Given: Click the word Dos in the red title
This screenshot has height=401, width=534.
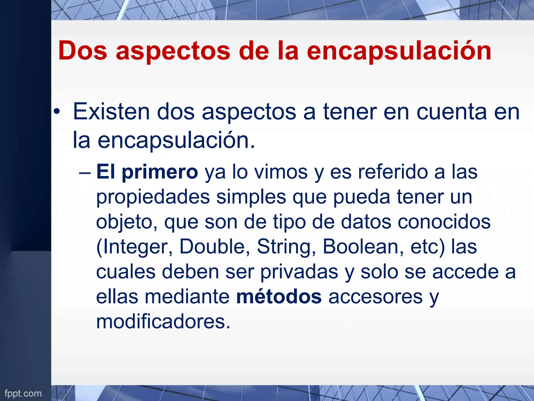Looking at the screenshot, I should coord(83,51).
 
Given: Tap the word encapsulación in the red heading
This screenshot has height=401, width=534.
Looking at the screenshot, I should coord(399,51).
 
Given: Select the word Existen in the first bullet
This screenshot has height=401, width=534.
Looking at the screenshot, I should coord(111,112).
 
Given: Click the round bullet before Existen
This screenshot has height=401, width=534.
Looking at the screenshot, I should coord(57,112).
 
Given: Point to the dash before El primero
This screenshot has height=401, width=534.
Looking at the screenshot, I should coord(85,172).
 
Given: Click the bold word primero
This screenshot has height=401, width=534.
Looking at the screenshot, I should coord(160,172).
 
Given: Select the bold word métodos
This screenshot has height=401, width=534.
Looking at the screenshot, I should coord(279,297).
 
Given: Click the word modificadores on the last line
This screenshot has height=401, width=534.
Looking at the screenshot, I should coord(163,322).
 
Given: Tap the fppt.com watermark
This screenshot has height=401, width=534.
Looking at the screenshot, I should coord(23,393).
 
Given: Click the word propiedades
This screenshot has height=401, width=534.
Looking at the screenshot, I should coord(153,197).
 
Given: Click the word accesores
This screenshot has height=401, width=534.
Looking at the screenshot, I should coord(375,297).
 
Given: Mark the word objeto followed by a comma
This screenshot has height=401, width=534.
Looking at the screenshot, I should coord(127,222).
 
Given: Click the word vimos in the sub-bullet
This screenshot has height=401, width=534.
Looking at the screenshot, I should coord(281,172).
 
